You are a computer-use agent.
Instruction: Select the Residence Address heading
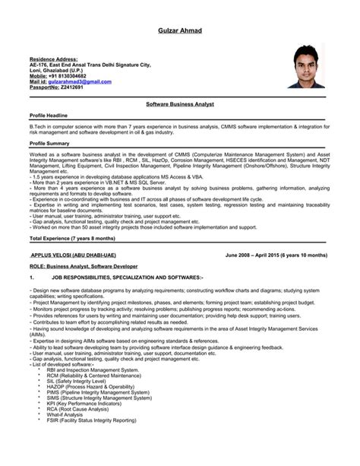(54, 59)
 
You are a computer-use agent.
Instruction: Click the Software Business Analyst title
(179, 101)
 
